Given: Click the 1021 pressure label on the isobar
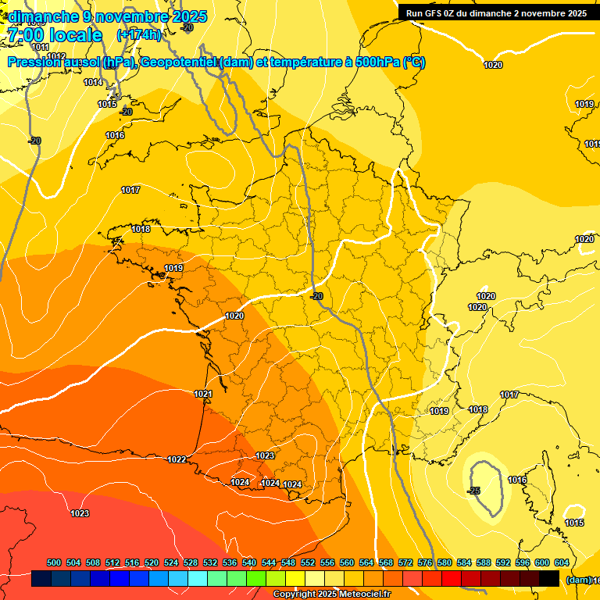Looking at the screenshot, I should click(203, 395).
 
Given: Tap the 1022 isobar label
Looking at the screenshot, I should click(177, 459).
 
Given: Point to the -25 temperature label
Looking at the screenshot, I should click(473, 491).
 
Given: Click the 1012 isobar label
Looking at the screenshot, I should click(55, 56).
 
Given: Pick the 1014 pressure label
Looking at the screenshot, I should click(93, 82).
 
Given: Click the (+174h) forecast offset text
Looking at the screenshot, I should click(138, 35).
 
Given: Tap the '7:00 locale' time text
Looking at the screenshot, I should click(55, 35).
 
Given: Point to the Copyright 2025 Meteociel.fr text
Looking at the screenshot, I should click(332, 595).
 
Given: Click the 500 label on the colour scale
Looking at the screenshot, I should click(54, 562).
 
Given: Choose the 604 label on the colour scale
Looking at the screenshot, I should click(561, 562).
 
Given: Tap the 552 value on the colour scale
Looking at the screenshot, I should click(308, 562).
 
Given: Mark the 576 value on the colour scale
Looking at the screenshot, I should click(425, 562).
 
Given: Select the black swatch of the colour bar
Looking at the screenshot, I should click(549, 579).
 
